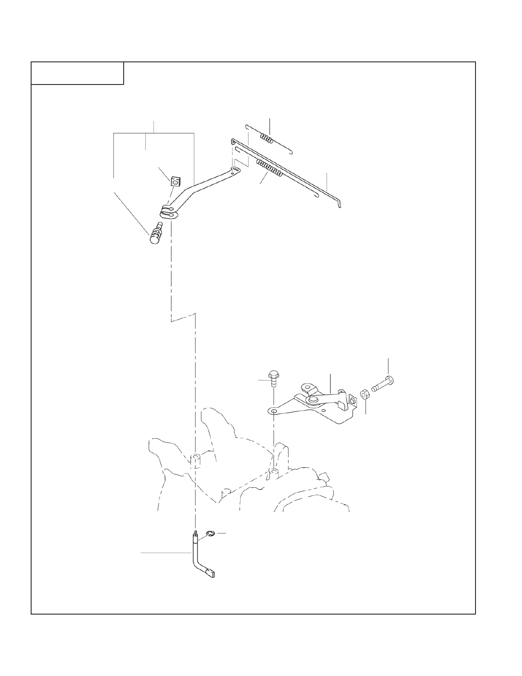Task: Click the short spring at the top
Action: point(266,138)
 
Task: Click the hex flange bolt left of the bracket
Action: point(273,378)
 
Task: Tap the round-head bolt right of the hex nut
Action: point(384,384)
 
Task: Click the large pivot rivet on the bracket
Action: point(314,400)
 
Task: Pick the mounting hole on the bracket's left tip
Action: point(273,411)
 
